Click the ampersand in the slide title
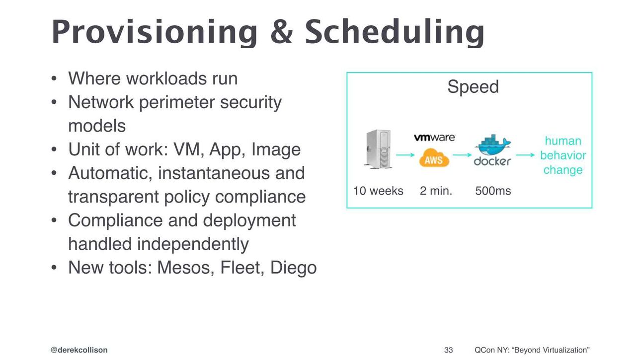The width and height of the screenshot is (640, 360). (x=282, y=31)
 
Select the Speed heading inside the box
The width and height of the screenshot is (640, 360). (x=473, y=86)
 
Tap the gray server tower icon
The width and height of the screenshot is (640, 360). (x=378, y=149)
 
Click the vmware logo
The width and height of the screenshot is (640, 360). (x=434, y=138)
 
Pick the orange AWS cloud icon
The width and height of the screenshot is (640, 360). (x=434, y=157)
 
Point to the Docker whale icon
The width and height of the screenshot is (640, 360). (x=492, y=145)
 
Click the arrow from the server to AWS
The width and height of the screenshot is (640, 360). (x=405, y=155)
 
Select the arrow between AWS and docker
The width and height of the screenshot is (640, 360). (x=462, y=155)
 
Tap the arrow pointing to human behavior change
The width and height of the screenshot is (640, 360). (x=525, y=155)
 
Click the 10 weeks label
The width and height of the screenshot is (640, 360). (x=378, y=191)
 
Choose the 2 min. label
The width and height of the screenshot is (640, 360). (x=436, y=191)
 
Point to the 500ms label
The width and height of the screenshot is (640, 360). (x=493, y=191)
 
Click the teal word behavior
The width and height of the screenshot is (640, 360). (x=563, y=155)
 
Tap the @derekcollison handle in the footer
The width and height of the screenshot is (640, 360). (x=79, y=350)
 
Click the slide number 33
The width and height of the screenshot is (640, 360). (x=449, y=350)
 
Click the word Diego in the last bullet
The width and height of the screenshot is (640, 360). (x=294, y=268)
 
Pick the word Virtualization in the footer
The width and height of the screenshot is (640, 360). (x=565, y=350)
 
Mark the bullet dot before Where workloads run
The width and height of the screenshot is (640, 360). (x=54, y=78)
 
